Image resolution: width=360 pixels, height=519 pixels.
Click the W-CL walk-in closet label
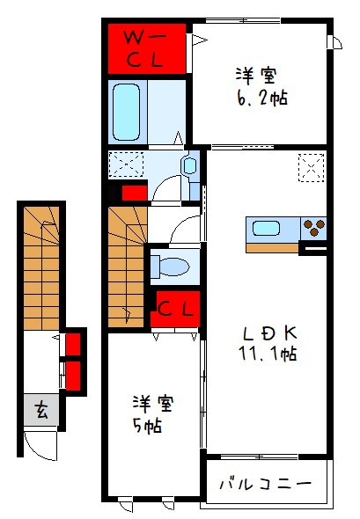[143, 49]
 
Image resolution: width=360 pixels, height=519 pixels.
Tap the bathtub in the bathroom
[126, 112]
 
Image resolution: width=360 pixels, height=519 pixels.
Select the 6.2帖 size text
[262, 99]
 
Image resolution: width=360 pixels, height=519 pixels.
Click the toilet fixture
[170, 267]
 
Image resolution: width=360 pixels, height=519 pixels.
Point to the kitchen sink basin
[267, 229]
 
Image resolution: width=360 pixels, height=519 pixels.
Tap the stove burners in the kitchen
[314, 228]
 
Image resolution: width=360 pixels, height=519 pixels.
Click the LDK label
[269, 333]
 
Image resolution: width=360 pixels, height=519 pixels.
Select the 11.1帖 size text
[268, 355]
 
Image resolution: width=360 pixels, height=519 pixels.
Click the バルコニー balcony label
[266, 484]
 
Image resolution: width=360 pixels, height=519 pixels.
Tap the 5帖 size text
[147, 426]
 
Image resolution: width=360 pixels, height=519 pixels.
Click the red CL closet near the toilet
[175, 309]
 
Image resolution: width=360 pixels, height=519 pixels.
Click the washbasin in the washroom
[190, 165]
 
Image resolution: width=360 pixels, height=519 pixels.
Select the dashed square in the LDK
[312, 167]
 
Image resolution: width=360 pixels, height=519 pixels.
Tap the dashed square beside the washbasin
[126, 164]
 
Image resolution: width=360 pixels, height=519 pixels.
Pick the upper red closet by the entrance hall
[73, 344]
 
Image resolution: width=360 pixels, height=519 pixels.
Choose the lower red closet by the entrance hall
[73, 375]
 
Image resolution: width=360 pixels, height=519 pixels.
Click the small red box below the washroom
[135, 193]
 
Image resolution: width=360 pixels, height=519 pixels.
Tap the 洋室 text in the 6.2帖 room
[256, 76]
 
